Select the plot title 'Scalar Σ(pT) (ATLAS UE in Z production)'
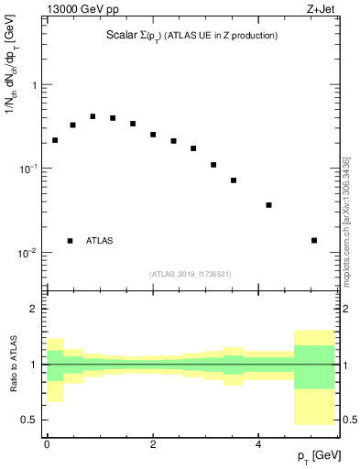click(192, 36)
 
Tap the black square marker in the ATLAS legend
click(70, 241)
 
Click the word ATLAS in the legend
click(100, 241)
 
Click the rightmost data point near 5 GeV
click(314, 241)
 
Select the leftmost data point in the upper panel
click(55, 140)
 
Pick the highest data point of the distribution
click(93, 116)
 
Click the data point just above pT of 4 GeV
click(268, 205)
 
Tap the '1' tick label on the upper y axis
click(34, 85)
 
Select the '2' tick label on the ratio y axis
click(34, 309)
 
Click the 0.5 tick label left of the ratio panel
click(29, 420)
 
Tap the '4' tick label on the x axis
click(259, 444)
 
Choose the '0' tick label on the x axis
click(47, 444)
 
